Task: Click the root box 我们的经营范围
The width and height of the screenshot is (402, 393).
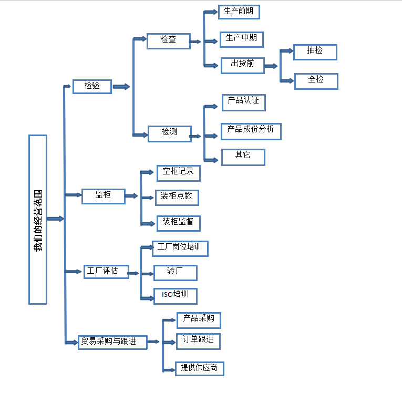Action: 38,220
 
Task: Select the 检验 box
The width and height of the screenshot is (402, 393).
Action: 92,86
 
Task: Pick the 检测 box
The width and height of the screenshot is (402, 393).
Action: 169,132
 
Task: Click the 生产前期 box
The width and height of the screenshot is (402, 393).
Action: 239,12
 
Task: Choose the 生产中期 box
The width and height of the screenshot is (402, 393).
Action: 241,39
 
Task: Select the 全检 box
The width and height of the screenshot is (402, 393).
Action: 315,81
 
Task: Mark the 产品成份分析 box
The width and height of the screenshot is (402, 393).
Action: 251,131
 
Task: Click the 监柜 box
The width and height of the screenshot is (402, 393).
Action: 103,196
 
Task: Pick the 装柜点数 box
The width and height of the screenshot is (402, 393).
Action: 177,198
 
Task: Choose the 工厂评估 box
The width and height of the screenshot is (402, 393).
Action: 106,272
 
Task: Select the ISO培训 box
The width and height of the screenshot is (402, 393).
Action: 175,296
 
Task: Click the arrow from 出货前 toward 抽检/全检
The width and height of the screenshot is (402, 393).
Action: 271,66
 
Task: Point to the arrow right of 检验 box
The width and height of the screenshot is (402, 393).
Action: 121,87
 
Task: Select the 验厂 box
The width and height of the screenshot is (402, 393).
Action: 175,273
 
